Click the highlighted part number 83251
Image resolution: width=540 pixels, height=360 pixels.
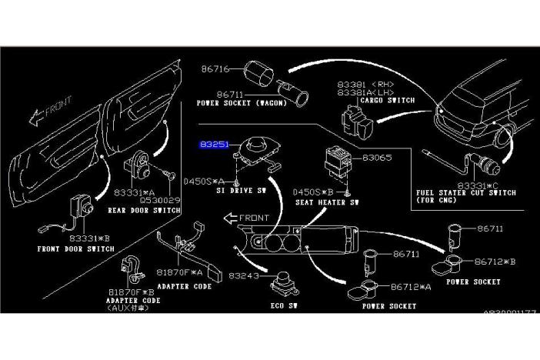214,144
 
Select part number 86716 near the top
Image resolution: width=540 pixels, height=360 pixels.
215,69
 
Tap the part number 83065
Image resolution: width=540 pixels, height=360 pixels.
377,158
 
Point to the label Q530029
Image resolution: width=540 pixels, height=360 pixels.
160,200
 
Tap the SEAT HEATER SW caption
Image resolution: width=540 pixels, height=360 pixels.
327,202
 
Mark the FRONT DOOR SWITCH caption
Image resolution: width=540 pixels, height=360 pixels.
75,249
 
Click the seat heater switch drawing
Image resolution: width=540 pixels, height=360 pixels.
336,155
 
